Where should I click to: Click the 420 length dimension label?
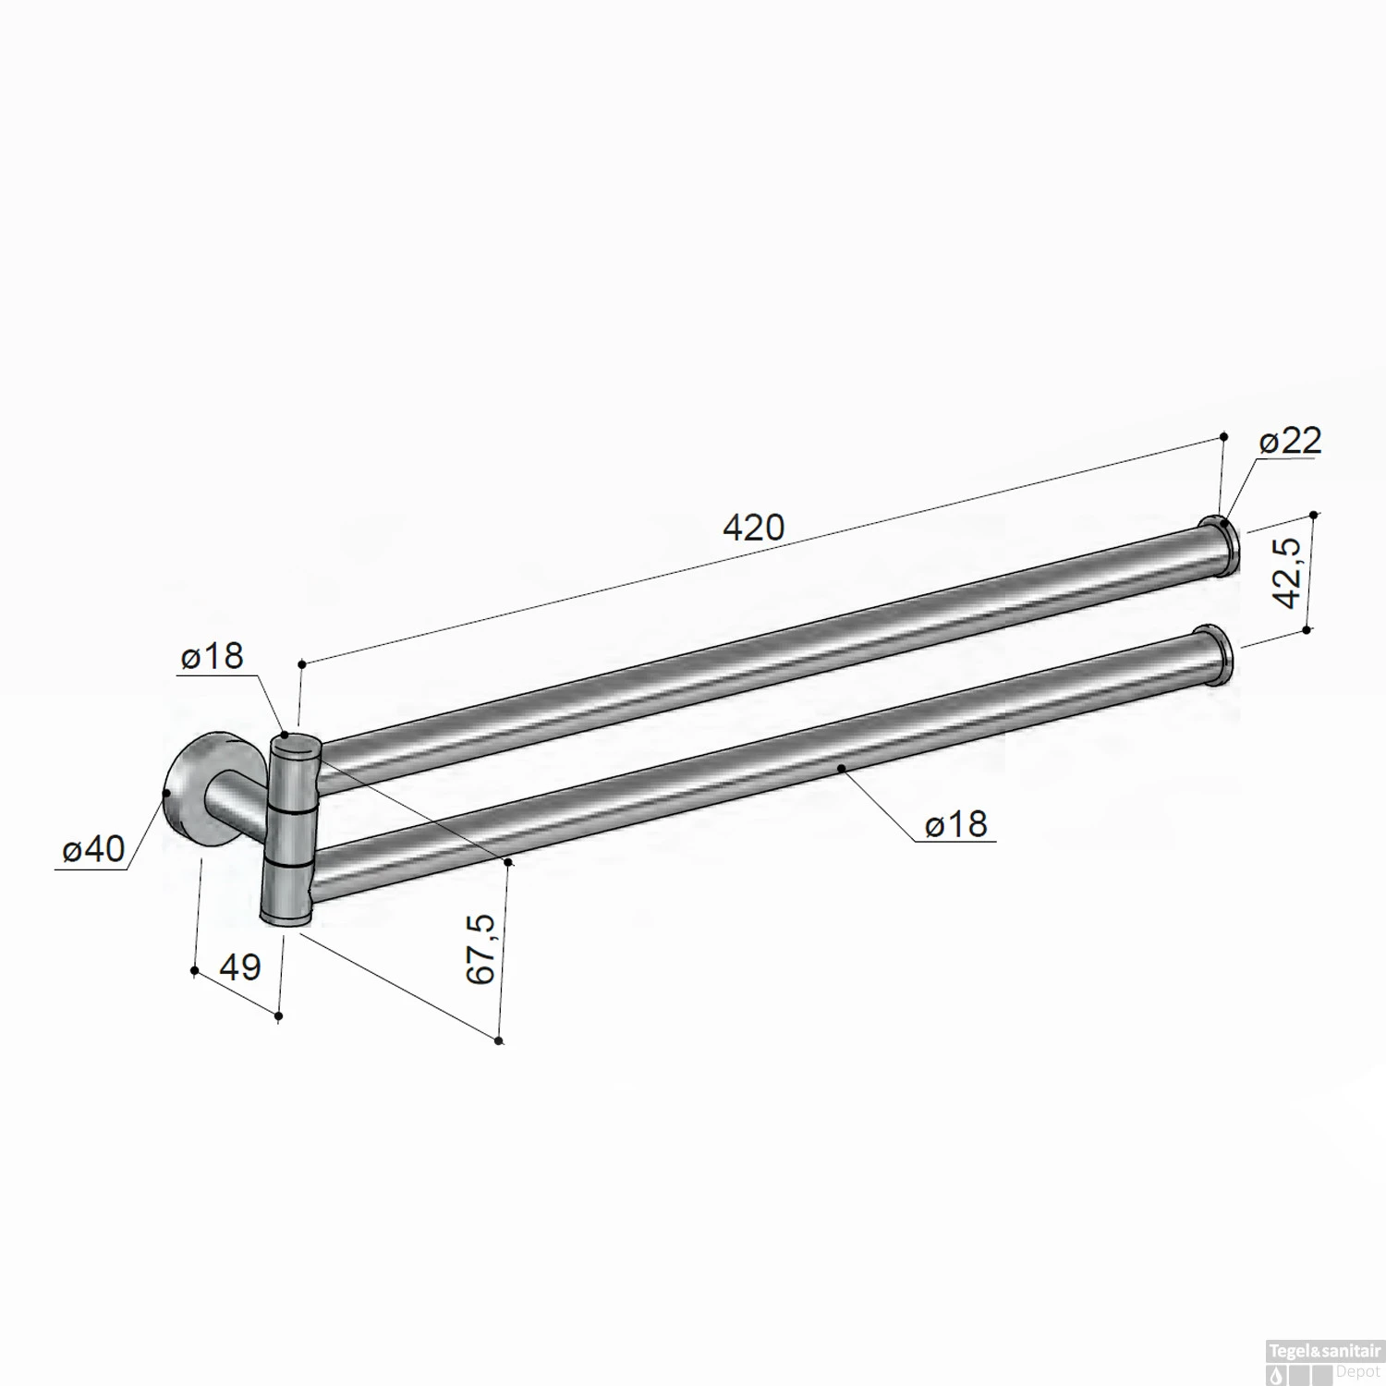click(x=753, y=528)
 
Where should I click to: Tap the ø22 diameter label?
click(x=1290, y=441)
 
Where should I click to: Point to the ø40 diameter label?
click(x=92, y=848)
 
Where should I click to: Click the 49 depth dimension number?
click(x=240, y=967)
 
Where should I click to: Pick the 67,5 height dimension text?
click(x=482, y=948)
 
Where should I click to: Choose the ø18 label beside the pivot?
click(x=213, y=656)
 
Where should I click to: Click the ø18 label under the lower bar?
click(x=956, y=823)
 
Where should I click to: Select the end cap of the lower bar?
click(x=1216, y=655)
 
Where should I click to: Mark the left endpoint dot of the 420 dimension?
click(x=301, y=663)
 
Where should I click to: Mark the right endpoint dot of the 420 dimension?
click(x=1224, y=436)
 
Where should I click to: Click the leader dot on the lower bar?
click(x=840, y=767)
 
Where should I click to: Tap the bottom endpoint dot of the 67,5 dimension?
click(x=499, y=1041)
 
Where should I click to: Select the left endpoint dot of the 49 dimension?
click(x=194, y=970)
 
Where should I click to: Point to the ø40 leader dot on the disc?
click(x=166, y=793)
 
